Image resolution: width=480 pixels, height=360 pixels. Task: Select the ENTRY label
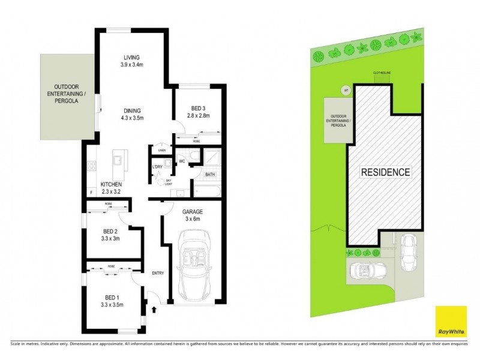pos(158,274)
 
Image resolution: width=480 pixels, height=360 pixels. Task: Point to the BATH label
pos(210,175)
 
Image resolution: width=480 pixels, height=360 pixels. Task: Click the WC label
pos(181,161)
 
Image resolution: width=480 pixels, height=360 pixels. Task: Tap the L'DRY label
pos(158,166)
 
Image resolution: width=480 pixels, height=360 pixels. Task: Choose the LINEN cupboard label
pos(161,150)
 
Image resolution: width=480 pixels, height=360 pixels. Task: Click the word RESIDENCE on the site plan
pos(385,172)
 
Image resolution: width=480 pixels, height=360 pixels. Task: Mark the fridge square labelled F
pos(91,193)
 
